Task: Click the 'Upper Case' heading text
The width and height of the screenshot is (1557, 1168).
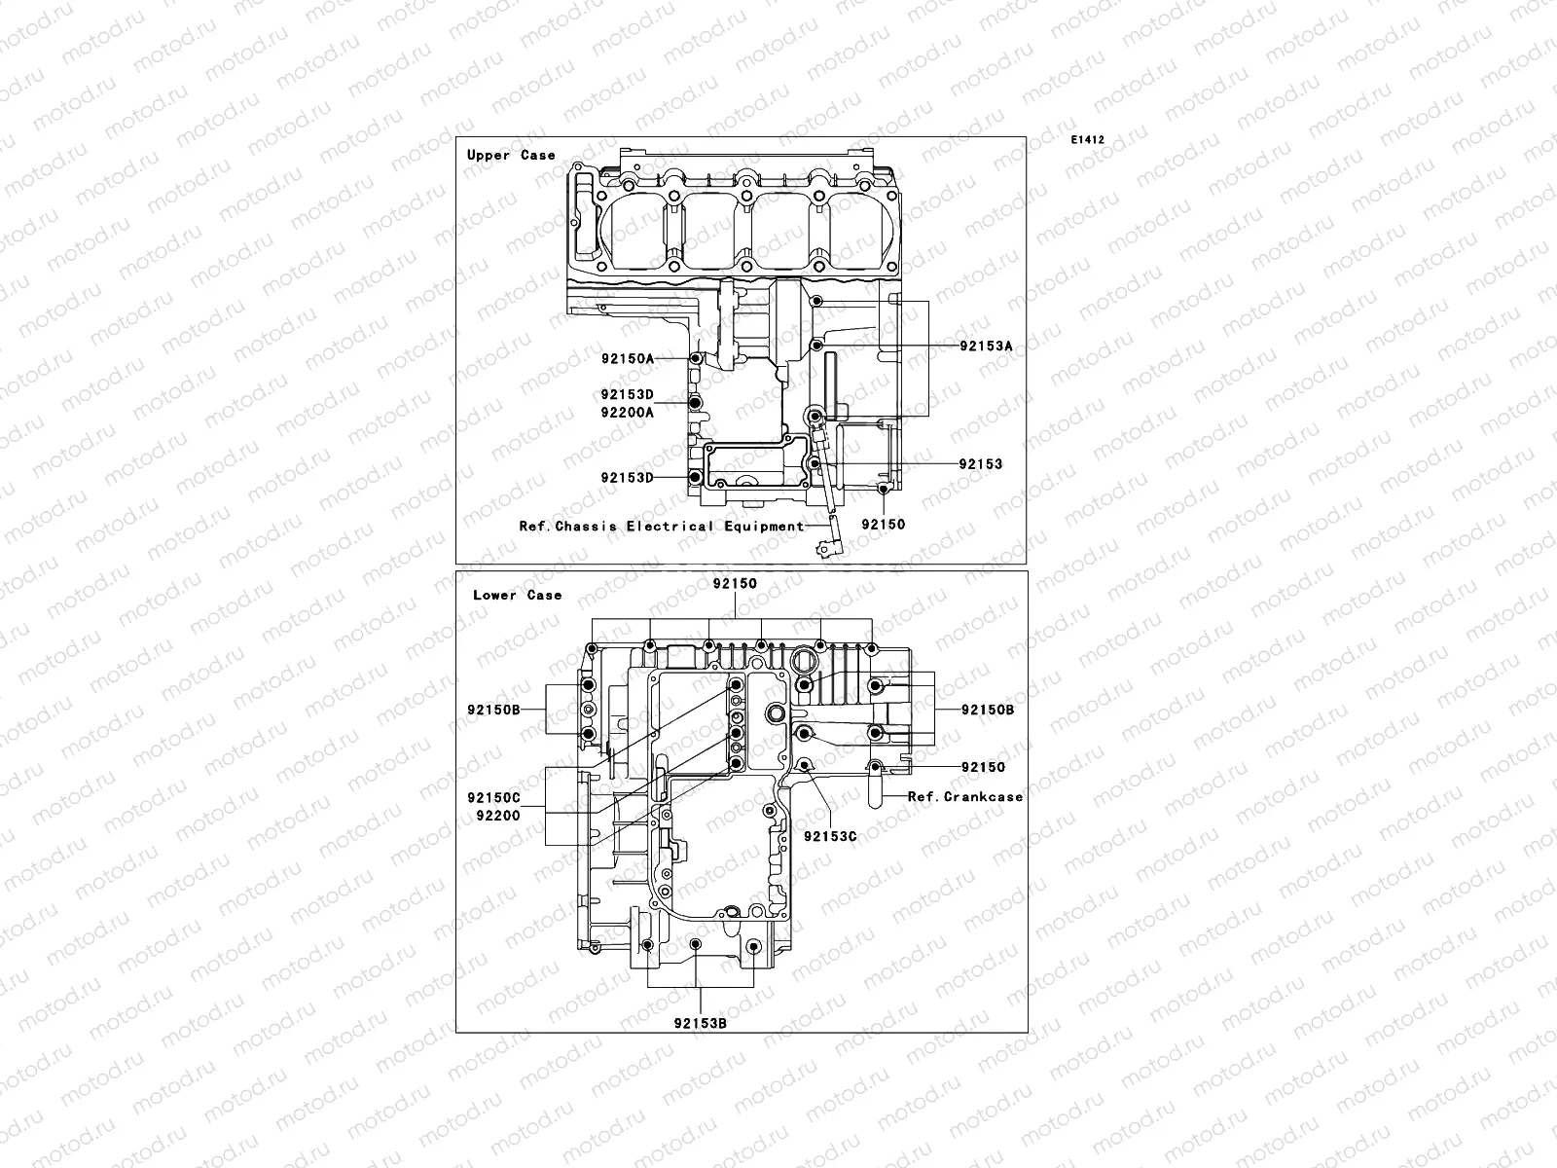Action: (511, 155)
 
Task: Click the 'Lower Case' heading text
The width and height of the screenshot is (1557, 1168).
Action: (517, 595)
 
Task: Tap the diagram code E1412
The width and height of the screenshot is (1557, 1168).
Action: (1088, 140)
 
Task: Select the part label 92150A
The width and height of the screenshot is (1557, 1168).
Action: (627, 358)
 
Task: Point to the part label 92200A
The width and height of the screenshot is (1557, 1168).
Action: (627, 412)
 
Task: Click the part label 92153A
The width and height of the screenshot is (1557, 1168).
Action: (986, 346)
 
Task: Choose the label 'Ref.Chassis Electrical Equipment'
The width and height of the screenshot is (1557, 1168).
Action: (662, 527)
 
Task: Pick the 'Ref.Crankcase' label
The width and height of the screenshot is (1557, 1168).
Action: (965, 796)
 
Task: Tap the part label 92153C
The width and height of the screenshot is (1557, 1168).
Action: (829, 836)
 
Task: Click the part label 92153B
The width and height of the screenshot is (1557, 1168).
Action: (701, 1023)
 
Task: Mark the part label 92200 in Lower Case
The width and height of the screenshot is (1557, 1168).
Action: (498, 816)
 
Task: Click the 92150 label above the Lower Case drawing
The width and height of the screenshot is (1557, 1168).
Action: (735, 584)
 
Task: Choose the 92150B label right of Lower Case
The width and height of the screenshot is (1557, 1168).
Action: (988, 710)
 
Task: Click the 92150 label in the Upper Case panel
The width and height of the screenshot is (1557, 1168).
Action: (883, 525)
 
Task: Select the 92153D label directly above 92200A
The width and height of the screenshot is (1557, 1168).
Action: (627, 395)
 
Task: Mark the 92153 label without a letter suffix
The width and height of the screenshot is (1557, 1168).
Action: (980, 464)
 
